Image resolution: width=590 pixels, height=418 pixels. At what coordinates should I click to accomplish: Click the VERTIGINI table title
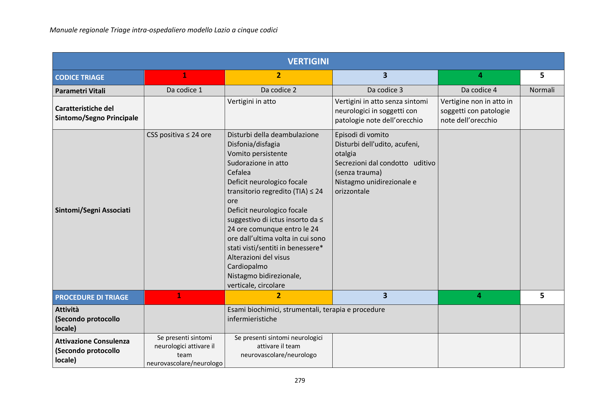coord(308,61)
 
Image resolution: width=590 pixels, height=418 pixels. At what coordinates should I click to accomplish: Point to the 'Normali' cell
coord(542,90)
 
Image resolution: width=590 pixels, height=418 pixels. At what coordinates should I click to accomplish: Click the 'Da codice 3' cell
coord(385,90)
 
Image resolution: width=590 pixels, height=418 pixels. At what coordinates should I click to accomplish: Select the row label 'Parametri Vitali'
coord(80,91)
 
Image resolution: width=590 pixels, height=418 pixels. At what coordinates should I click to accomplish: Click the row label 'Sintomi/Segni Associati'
coord(93,210)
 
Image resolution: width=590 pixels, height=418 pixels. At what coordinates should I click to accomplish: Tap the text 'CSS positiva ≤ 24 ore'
coord(179,135)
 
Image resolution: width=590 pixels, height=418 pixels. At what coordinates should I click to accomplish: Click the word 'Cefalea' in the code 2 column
coord(239,172)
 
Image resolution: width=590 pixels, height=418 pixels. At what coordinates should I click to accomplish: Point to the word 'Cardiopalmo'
coord(247,266)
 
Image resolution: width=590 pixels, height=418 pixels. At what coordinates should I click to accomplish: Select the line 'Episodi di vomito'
coord(362,135)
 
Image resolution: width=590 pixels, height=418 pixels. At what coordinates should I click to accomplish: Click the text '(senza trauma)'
coord(358,172)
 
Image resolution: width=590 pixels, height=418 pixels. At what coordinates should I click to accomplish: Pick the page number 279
coord(300,380)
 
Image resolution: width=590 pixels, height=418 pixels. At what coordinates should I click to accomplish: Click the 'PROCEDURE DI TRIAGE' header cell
coord(92,297)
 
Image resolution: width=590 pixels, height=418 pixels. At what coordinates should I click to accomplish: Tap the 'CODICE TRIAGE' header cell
coord(80,77)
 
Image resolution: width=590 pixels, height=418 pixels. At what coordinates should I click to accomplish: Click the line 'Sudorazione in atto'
coord(258,163)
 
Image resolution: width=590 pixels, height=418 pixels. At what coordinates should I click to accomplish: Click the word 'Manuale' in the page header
coord(62,30)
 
